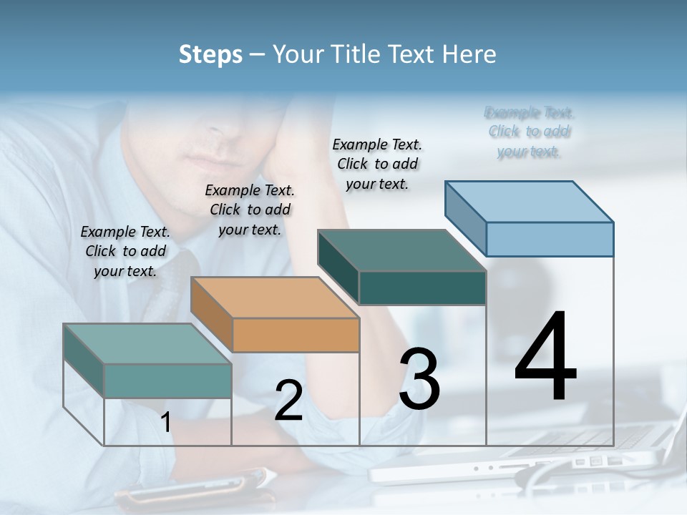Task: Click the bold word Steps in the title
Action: pos(210,54)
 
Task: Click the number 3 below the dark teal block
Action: pos(419,379)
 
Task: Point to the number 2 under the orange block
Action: pos(288,401)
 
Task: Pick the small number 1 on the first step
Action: pos(166,423)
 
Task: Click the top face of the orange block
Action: pos(274,298)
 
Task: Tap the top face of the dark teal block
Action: pos(401,250)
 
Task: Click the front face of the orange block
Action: pos(296,335)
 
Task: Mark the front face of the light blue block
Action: pos(549,239)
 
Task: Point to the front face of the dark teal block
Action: pos(422,288)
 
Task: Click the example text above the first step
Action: pos(125,251)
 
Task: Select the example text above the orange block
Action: pos(250,210)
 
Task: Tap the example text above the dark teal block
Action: pos(377,164)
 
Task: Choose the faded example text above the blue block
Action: pos(529,132)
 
